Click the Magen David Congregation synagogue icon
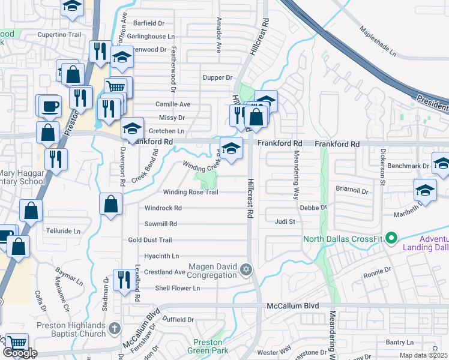[x=245, y=268]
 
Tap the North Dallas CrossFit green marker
[x=392, y=238]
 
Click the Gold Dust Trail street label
[x=150, y=240]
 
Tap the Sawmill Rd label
[x=160, y=224]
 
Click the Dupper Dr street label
[x=217, y=77]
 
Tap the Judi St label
[x=285, y=221]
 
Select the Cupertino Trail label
[x=59, y=35]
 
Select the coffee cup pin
[x=49, y=106]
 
